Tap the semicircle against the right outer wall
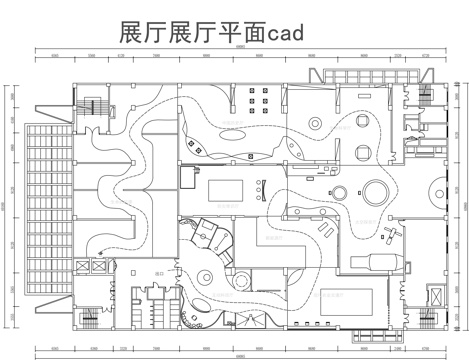point(437,187)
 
